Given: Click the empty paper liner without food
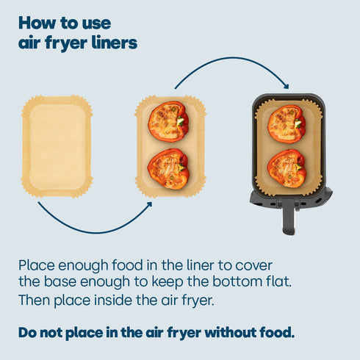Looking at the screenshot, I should (x=57, y=145).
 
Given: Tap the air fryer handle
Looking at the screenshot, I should (x=289, y=214).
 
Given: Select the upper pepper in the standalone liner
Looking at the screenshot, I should (x=168, y=121).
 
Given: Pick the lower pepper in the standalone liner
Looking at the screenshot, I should (x=168, y=169).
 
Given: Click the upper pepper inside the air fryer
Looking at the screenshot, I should (x=287, y=123).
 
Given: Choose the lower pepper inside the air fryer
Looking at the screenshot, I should (x=287, y=168).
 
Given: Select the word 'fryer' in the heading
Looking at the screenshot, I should (x=67, y=44).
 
